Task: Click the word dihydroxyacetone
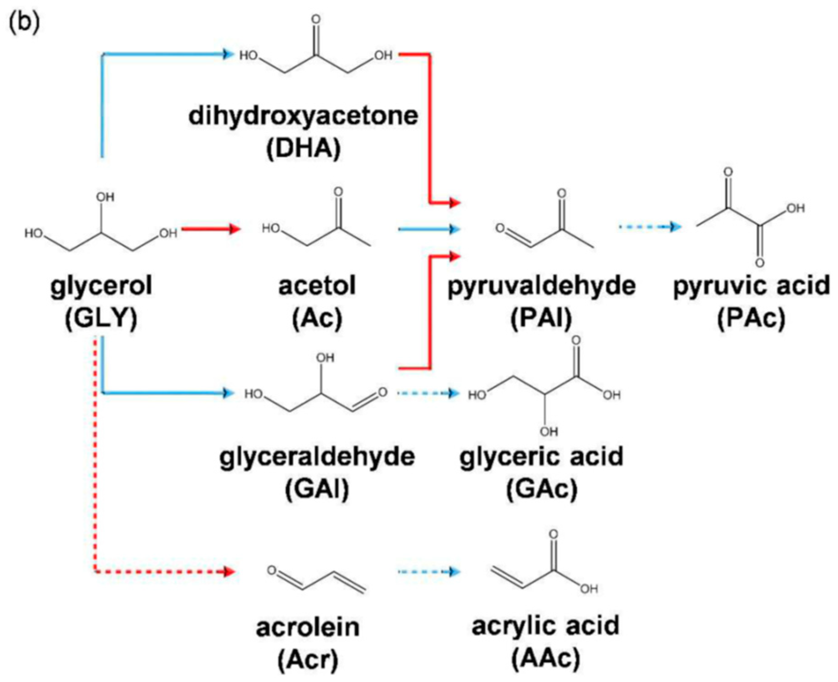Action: pos(303,116)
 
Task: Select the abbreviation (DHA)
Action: pos(303,148)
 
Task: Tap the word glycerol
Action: pos(101,286)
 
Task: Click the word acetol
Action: pos(317,286)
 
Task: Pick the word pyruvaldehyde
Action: pos(541,286)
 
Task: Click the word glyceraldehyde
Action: pos(317,457)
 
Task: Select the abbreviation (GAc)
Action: pos(542,489)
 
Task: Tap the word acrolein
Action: pos(308,627)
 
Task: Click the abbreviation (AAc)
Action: pos(545,658)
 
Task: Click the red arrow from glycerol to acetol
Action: pos(211,229)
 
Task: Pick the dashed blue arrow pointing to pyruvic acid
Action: pos(650,226)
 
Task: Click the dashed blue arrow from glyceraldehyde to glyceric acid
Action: pos(428,393)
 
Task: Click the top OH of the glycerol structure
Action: pos(105,197)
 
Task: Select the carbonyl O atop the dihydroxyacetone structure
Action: pos(315,19)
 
